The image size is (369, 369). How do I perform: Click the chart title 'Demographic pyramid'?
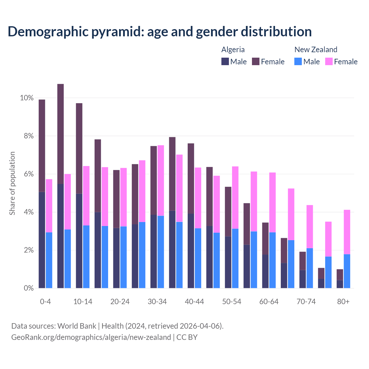159,32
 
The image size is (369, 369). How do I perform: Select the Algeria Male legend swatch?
225,61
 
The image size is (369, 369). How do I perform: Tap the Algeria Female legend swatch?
256,61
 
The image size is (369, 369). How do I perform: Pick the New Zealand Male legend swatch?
298,61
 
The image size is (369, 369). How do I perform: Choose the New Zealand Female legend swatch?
329,61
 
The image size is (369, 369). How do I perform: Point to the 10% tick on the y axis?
27,98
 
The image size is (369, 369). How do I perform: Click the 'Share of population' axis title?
12,183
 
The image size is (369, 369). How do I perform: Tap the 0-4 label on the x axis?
45,302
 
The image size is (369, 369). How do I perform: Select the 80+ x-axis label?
343,302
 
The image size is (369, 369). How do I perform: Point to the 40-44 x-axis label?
194,302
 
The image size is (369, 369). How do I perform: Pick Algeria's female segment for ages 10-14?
79,148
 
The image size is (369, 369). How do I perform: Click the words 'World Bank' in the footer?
77,326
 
